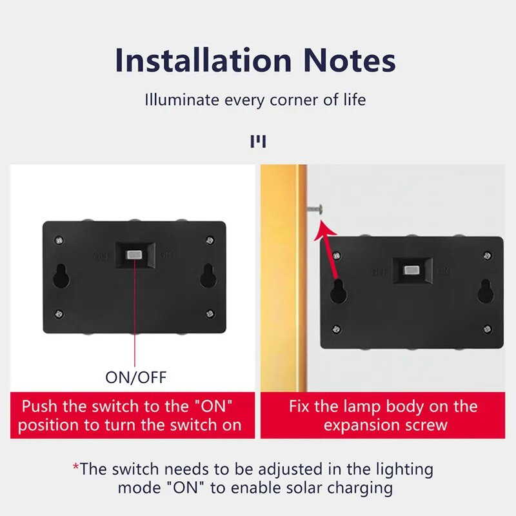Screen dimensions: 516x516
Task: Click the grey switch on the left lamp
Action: (x=135, y=255)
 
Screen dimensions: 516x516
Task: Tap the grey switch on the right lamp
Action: (x=411, y=269)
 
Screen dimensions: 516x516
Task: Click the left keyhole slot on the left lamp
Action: (x=61, y=275)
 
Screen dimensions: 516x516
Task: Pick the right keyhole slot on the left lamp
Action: (x=208, y=275)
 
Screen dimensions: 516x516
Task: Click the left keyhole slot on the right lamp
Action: (x=337, y=290)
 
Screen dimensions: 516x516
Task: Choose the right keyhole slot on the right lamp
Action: (x=485, y=290)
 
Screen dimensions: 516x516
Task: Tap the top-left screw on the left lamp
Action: (x=59, y=240)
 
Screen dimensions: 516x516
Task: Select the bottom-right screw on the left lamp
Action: (x=210, y=313)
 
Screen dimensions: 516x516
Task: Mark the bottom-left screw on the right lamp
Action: (x=336, y=328)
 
